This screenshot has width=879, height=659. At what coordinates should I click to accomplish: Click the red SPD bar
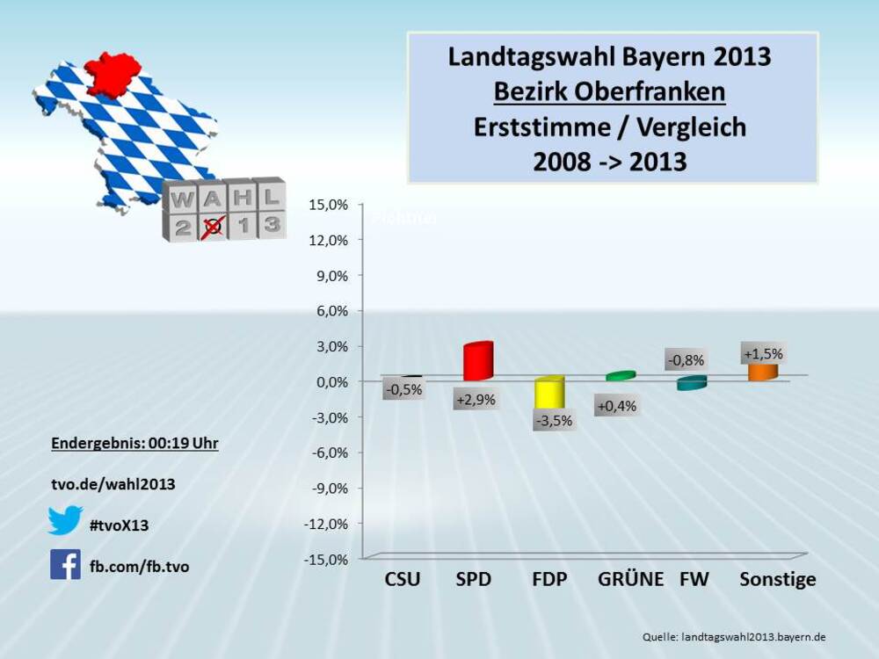478,361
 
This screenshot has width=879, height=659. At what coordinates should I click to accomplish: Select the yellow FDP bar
549,394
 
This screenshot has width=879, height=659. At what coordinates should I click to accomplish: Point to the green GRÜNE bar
621,376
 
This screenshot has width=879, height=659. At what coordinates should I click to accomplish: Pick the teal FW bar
692,383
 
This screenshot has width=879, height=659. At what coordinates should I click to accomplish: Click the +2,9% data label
476,400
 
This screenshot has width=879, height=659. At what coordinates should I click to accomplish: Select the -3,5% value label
553,421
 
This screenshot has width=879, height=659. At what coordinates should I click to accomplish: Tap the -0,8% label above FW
685,359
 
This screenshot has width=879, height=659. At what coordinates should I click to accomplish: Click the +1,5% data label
763,354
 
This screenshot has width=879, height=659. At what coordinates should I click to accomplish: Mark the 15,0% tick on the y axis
328,204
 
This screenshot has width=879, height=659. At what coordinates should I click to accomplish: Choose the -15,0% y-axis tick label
326,559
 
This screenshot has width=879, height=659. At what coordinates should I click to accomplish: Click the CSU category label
403,580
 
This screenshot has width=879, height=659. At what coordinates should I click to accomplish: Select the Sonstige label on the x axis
778,580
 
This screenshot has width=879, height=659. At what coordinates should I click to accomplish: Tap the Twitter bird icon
65,520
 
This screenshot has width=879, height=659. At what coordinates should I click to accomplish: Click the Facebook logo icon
65,564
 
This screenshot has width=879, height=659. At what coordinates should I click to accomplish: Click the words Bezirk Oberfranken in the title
609,91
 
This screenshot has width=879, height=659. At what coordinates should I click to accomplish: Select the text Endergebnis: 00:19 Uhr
134,444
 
